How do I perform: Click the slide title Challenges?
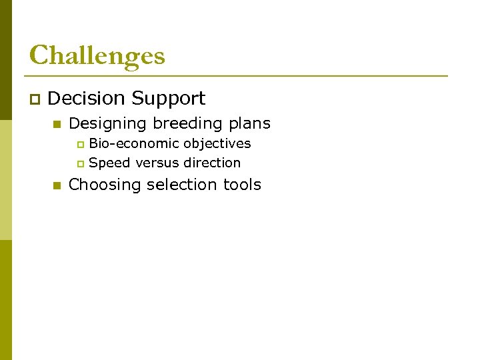[97, 55]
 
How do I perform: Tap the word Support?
[168, 99]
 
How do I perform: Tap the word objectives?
[217, 144]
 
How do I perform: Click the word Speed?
[109, 163]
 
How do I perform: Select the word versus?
[157, 163]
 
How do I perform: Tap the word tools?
[242, 185]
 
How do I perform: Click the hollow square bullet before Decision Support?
[34, 100]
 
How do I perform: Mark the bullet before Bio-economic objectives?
[81, 145]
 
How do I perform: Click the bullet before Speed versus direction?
[81, 164]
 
